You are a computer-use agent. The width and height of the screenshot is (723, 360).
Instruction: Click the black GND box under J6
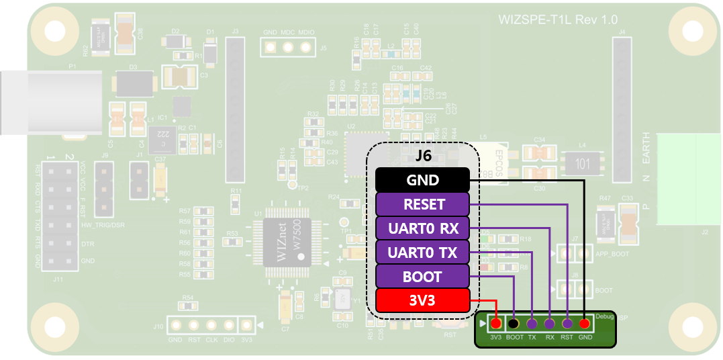point(422,180)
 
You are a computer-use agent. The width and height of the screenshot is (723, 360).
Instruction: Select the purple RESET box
point(422,204)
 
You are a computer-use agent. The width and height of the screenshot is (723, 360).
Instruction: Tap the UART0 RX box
point(422,228)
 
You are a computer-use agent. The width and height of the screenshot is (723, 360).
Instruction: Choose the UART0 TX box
point(422,253)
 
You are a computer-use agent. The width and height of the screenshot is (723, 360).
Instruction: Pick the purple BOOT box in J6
point(422,276)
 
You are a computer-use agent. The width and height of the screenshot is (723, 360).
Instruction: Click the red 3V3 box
point(422,300)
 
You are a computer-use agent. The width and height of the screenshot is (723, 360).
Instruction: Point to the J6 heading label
point(423,156)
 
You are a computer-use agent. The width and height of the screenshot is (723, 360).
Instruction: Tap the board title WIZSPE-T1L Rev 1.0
point(558,20)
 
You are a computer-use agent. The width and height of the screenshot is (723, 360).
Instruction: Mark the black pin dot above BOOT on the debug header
point(514,324)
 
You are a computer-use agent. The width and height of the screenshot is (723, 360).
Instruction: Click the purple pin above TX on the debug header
point(532,324)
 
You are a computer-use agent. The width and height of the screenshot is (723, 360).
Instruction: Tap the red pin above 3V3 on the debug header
point(496,324)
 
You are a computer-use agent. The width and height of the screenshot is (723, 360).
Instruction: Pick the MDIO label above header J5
point(306,33)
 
